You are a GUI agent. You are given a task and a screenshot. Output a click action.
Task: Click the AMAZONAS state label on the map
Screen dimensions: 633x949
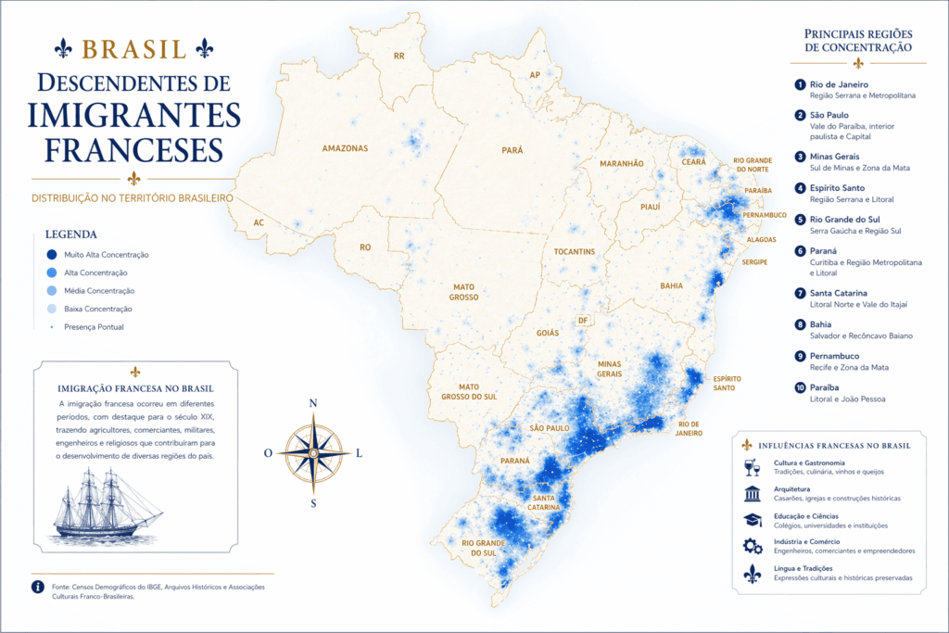[x=345, y=148]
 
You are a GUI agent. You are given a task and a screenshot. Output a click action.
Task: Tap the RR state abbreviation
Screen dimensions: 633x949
[x=399, y=57]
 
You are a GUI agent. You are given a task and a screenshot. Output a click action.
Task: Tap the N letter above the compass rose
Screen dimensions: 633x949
[x=313, y=403]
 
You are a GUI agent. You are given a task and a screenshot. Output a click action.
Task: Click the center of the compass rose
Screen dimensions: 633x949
[x=313, y=452]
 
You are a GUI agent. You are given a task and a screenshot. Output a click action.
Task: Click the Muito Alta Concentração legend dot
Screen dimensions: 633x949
[x=52, y=255]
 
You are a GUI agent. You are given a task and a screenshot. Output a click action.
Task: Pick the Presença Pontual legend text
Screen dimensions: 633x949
[x=94, y=327]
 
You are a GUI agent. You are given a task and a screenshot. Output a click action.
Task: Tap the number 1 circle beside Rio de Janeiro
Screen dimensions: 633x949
[x=800, y=84]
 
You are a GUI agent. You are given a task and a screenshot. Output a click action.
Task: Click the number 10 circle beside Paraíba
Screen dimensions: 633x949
[x=800, y=387]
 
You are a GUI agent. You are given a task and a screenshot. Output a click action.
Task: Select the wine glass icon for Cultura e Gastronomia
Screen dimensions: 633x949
[x=752, y=467]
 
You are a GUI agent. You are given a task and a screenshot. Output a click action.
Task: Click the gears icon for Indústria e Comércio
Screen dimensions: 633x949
[x=752, y=546]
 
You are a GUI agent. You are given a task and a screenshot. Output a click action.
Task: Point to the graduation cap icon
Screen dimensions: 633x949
[x=752, y=519]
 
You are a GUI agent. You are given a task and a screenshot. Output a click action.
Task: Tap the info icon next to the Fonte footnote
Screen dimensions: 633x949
[x=38, y=587]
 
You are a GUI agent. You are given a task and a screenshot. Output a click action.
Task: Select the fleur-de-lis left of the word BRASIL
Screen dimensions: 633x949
[x=63, y=47]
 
